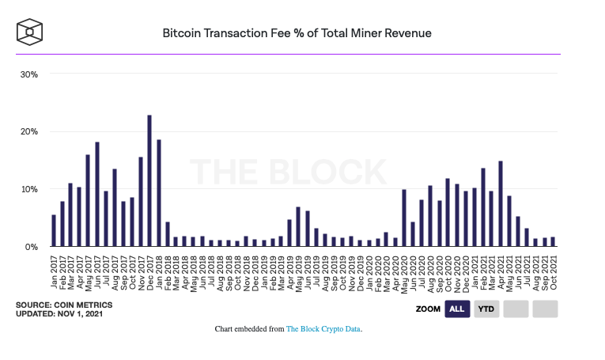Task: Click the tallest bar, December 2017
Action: tap(149, 181)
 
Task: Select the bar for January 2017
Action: tap(54, 231)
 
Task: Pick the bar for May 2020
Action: tap(404, 218)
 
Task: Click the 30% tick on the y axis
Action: tap(29, 74)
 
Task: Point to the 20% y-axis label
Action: tap(29, 132)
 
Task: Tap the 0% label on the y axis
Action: tap(32, 247)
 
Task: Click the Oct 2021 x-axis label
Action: tap(553, 268)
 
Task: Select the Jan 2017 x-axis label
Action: tap(54, 268)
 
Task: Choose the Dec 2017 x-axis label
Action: tap(149, 268)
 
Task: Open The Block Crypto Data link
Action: tap(323, 328)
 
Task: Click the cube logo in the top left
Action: tap(29, 32)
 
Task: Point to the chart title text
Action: tap(297, 33)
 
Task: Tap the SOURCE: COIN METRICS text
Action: tap(64, 305)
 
